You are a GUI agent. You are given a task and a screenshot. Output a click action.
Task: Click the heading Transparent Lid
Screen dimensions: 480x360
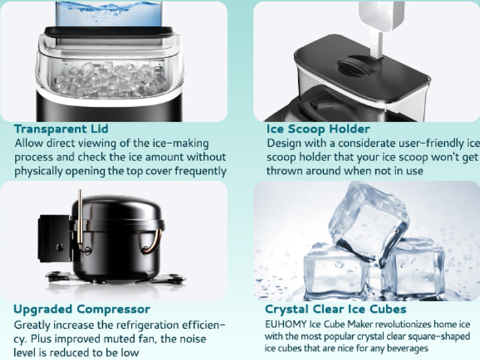tap(62, 129)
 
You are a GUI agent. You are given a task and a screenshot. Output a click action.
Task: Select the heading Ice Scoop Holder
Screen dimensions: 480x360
tap(318, 129)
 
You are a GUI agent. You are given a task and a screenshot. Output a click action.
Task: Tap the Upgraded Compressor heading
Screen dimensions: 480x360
tap(82, 309)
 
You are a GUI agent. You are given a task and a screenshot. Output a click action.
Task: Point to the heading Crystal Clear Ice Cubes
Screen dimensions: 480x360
tap(336, 309)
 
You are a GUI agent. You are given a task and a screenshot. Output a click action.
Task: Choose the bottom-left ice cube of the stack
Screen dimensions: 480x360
tap(336, 273)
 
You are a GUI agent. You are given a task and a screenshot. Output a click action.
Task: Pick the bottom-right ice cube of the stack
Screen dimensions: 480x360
tap(413, 269)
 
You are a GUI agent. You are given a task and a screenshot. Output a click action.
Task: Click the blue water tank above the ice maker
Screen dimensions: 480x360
tap(109, 14)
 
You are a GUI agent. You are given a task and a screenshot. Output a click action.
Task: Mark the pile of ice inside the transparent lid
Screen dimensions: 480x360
tap(110, 80)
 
